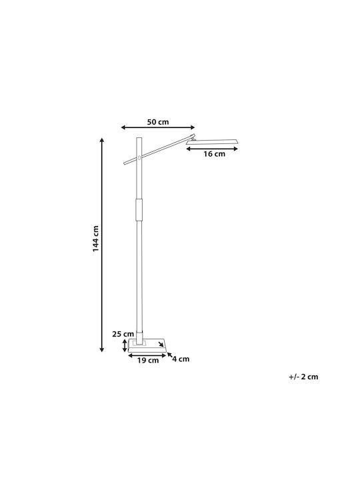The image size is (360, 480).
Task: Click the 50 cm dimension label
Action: pos(158,122)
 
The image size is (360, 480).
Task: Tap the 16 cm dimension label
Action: pos(214,154)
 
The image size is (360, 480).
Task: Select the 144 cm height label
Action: pos(96,239)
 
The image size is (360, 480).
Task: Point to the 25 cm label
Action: pos(123,334)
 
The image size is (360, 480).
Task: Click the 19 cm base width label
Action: pos(148,360)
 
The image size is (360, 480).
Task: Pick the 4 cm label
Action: pos(181,359)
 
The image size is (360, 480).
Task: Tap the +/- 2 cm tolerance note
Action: pos(303,377)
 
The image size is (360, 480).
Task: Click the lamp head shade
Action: pos(213,142)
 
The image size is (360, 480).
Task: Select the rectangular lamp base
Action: pos(147,345)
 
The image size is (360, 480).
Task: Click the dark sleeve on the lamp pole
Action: pos(139,210)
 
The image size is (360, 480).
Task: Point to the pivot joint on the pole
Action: pos(139,157)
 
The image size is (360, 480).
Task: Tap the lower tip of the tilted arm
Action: pos(125,163)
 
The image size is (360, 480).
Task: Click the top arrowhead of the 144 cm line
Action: pos(102,140)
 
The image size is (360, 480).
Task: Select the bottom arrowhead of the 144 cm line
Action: pos(102,349)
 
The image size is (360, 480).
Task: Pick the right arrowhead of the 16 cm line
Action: pos(235,149)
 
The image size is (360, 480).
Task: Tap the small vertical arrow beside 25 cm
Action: pos(125,345)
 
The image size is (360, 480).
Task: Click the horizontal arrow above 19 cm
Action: pos(147,355)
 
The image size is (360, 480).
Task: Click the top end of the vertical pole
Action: pos(139,138)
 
